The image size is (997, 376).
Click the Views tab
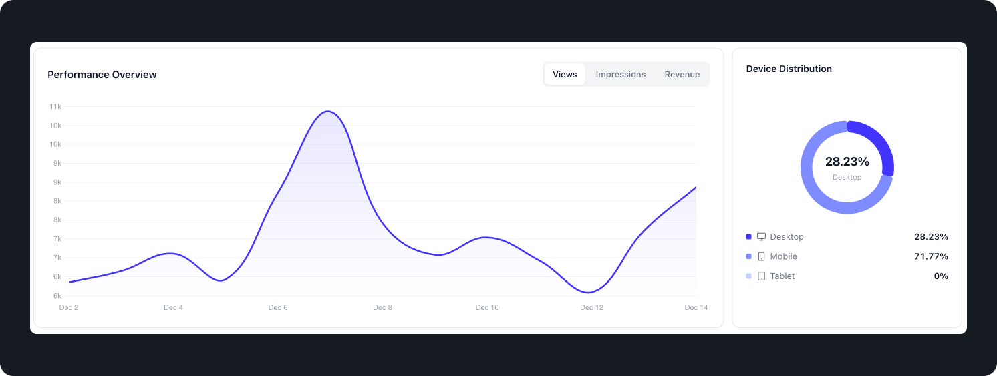tap(565, 75)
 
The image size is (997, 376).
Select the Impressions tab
tap(621, 75)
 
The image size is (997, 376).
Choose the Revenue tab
tap(682, 75)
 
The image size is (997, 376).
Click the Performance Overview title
tap(102, 75)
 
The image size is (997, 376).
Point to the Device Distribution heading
tap(789, 69)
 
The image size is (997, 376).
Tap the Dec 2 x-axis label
tap(69, 307)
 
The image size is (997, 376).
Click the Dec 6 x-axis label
tap(278, 307)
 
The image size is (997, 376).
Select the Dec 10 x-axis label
tap(487, 307)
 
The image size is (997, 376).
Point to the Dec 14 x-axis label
tap(696, 307)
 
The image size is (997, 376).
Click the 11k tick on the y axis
tap(55, 106)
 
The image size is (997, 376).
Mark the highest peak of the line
tap(327, 112)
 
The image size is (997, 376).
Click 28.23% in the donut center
tap(847, 162)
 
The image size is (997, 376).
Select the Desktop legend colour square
tap(748, 237)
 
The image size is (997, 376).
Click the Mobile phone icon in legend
tap(761, 256)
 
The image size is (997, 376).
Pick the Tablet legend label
tap(782, 276)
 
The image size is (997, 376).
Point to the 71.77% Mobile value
tap(931, 256)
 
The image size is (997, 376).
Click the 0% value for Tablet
tap(941, 276)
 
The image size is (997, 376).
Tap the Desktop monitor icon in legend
tap(761, 237)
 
